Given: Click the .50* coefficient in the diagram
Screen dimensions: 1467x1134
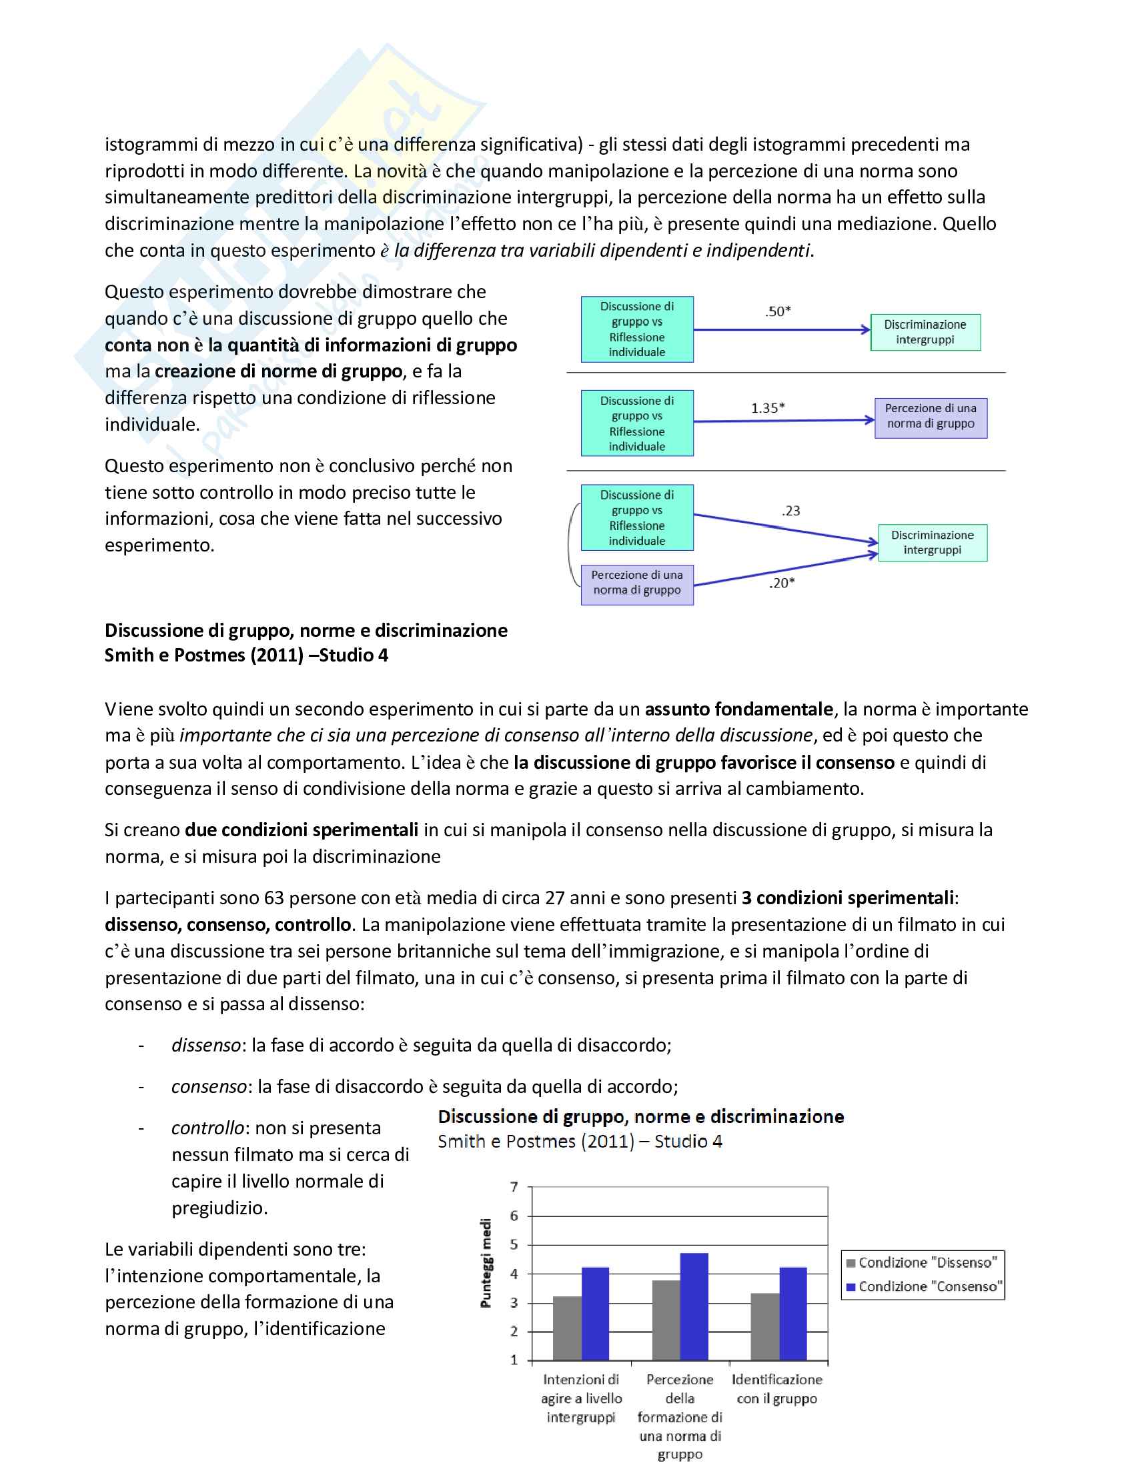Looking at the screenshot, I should (x=777, y=311).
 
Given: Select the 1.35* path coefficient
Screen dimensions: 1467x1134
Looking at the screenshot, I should (x=767, y=407).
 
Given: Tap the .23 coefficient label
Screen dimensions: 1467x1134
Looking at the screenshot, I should (x=790, y=511).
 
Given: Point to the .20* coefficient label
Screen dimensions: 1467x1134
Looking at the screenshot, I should (x=781, y=583).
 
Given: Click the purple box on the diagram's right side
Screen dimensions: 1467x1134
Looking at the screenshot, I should (x=931, y=418).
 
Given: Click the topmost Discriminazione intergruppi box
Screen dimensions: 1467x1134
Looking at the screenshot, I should (x=925, y=332).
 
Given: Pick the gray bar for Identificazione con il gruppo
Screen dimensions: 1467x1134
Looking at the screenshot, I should (x=765, y=1326).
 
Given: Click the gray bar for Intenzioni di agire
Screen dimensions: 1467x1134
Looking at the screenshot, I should (x=567, y=1328).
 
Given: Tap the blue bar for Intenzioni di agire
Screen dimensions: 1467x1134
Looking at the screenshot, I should (x=595, y=1314).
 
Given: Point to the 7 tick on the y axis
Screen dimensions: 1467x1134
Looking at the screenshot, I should (x=514, y=1187).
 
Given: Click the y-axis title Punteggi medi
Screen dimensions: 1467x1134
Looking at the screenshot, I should (x=486, y=1264).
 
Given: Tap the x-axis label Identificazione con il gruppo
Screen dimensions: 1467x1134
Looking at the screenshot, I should (x=776, y=1388).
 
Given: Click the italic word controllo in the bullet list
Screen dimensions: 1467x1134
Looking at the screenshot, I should (x=207, y=1128).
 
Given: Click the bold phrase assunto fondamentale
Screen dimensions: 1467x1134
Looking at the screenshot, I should (x=739, y=709).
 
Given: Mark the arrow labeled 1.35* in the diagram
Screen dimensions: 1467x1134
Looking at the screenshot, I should (x=782, y=421).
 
